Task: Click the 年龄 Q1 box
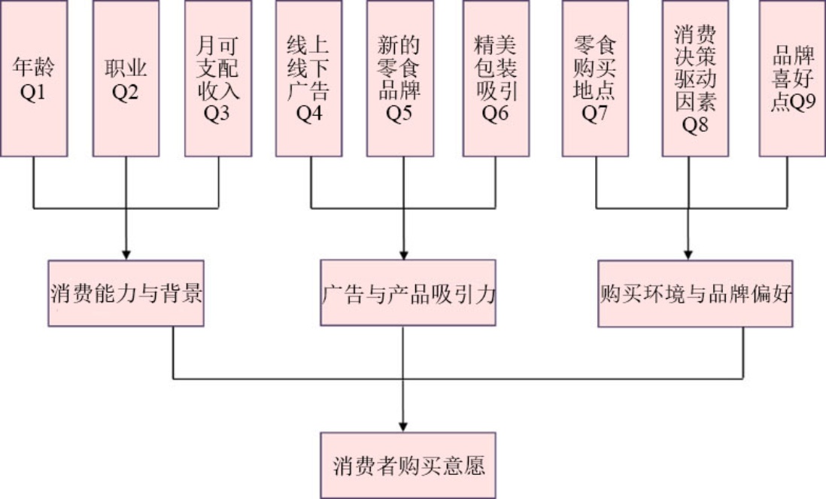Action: [x=34, y=78]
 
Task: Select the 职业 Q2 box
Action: [x=126, y=78]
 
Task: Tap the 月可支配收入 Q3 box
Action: [x=217, y=78]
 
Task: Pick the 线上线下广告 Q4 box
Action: [x=308, y=78]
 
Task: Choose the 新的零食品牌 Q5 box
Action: [x=400, y=78]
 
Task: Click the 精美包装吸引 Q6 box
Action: [x=496, y=78]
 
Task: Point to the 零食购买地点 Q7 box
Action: [x=595, y=78]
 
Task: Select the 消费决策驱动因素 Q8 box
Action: [x=695, y=78]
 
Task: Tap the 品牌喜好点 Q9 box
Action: [x=792, y=78]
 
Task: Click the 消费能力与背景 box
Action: [x=126, y=293]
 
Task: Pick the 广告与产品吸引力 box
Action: [x=408, y=293]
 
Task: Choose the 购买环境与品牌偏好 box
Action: [x=695, y=293]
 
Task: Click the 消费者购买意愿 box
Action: [x=408, y=465]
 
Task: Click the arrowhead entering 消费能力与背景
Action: [x=126, y=254]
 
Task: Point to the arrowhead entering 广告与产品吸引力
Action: [x=405, y=254]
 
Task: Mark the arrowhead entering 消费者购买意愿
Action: [x=405, y=426]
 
